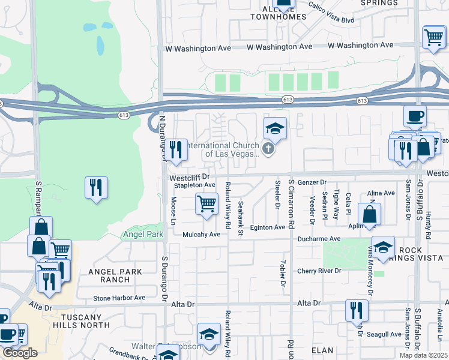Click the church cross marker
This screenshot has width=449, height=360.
click(x=269, y=148)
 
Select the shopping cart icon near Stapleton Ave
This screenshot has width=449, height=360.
click(x=206, y=204)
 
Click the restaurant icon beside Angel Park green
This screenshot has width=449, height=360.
click(x=96, y=187)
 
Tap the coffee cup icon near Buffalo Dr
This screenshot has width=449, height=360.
click(x=414, y=115)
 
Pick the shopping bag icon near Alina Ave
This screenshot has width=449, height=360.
click(x=370, y=214)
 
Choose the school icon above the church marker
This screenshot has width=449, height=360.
click(x=275, y=128)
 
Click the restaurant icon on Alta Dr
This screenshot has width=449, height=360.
click(x=357, y=310)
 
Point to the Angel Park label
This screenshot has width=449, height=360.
click(x=143, y=234)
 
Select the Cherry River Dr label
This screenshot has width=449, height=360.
click(x=319, y=271)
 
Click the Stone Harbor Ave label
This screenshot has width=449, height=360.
click(x=119, y=298)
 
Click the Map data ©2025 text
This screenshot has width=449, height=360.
click(x=423, y=355)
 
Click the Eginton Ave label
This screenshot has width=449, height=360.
click(x=268, y=227)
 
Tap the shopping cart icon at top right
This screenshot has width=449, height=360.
click(x=433, y=37)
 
